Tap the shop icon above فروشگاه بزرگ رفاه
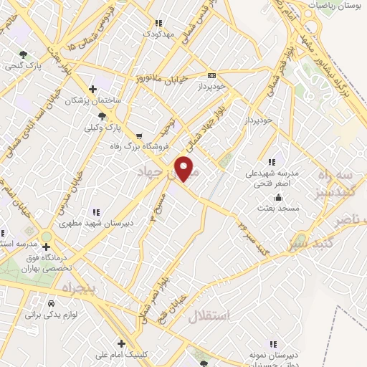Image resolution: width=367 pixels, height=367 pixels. click(x=138, y=134)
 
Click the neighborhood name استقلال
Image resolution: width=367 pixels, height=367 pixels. click(x=211, y=316)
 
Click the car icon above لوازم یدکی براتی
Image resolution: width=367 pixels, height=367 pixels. click(x=51, y=303)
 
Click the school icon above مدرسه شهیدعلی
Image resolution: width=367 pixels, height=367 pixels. click(x=270, y=161)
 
